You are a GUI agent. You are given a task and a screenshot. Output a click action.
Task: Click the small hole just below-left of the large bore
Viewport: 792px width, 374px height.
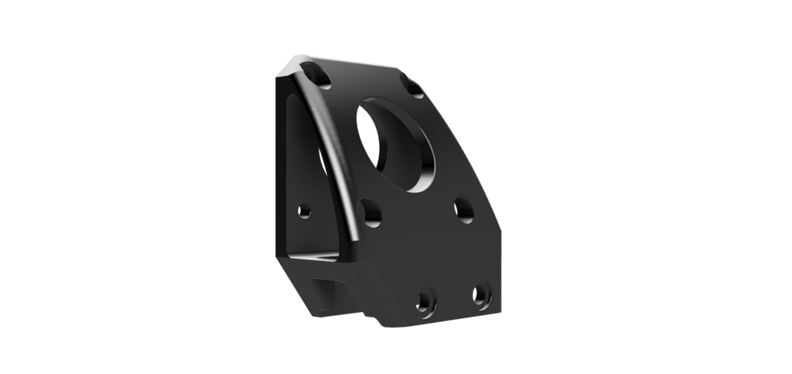(370, 211)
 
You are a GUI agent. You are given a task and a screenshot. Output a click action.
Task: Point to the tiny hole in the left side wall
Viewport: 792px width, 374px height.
(306, 210)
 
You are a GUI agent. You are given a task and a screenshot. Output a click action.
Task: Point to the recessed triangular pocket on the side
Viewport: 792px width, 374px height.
(303, 170)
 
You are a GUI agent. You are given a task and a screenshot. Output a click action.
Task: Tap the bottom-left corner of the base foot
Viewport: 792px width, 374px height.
(312, 313)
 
